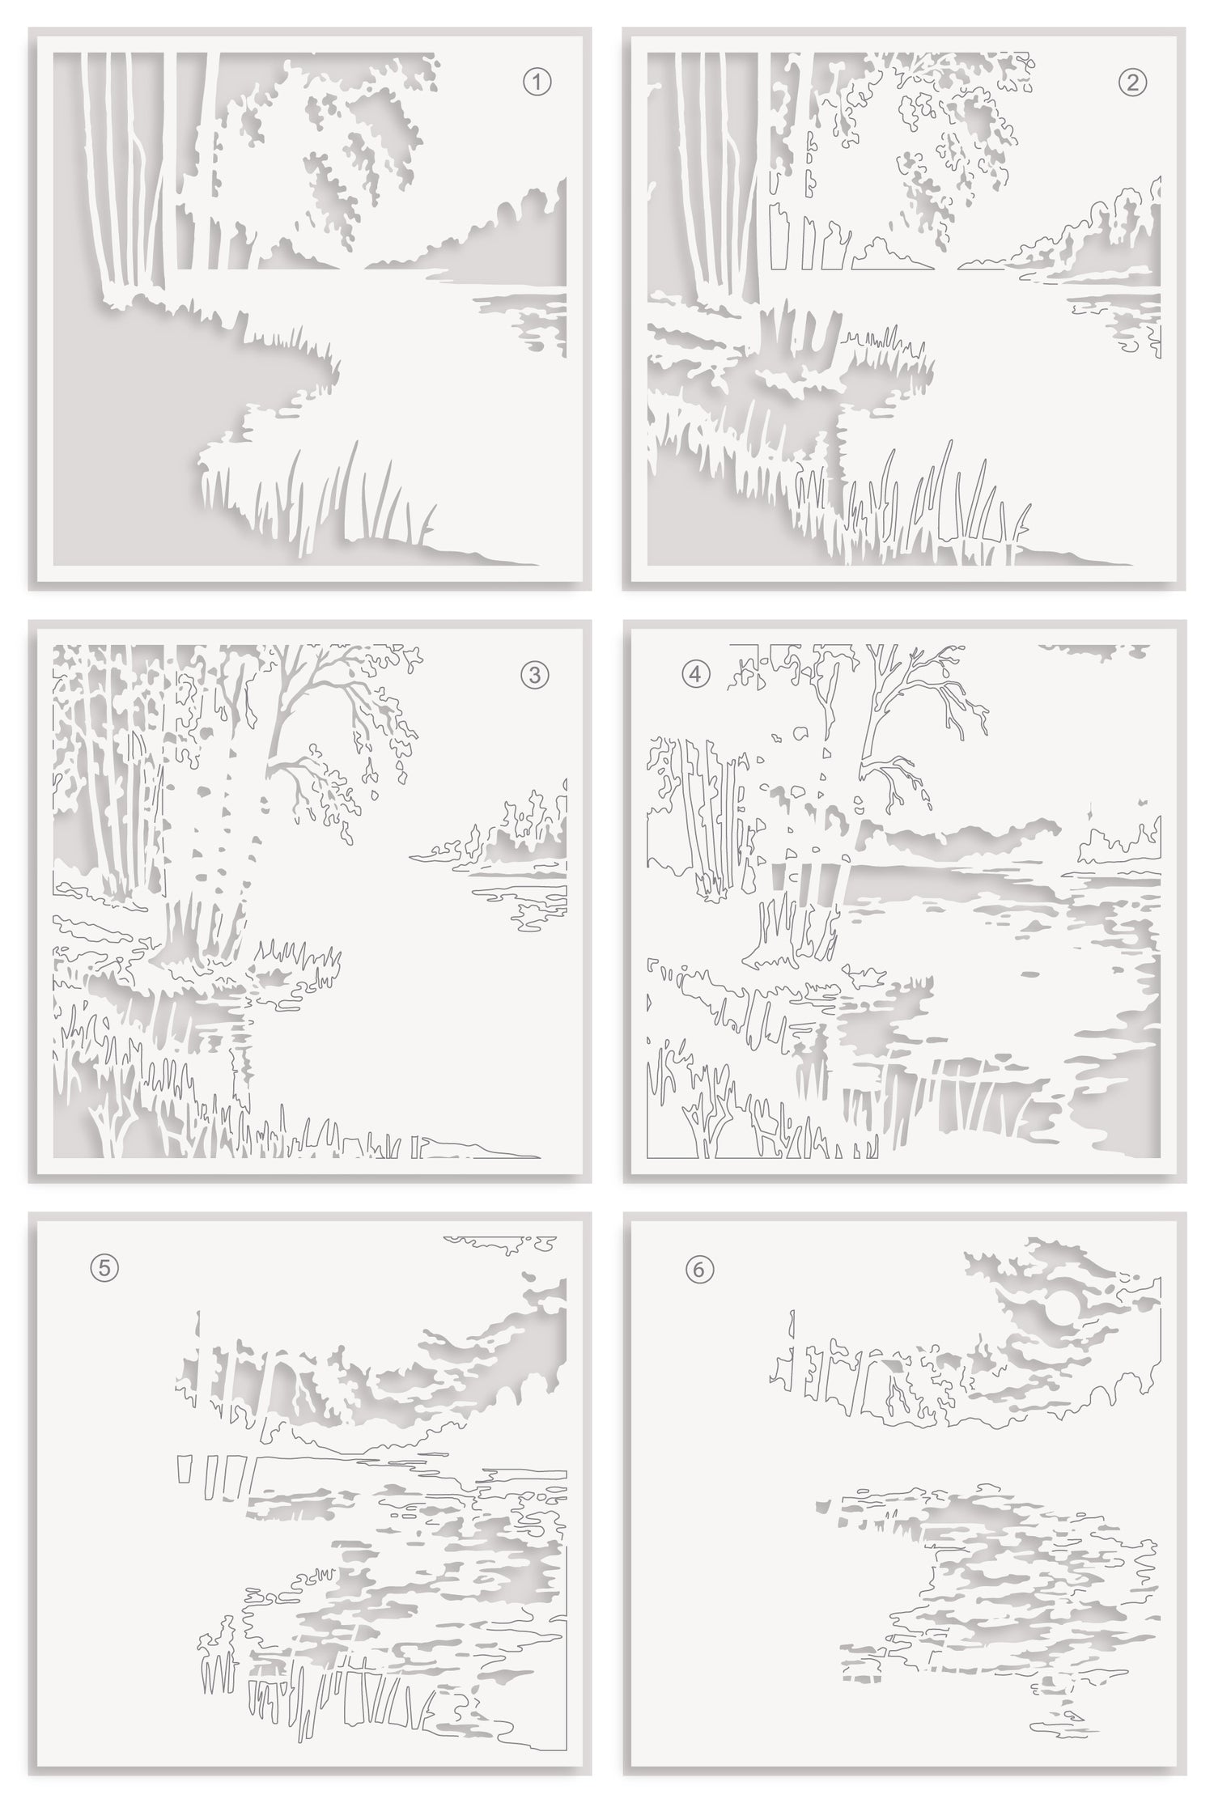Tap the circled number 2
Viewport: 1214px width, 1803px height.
click(x=1131, y=82)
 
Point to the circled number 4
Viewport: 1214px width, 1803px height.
click(x=697, y=675)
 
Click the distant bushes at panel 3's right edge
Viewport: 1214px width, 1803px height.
click(x=502, y=834)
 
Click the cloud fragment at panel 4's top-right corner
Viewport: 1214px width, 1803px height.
click(x=1093, y=649)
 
